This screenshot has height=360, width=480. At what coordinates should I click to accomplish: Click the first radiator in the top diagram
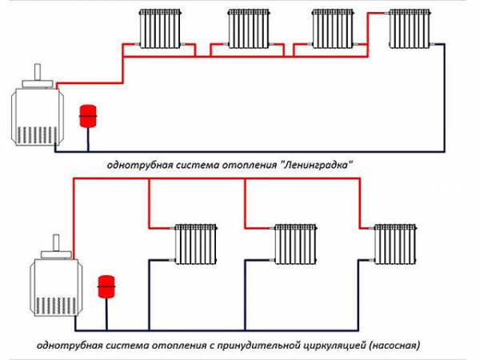pyautogui.click(x=160, y=29)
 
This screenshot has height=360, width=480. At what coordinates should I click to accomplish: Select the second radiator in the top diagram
pyautogui.click(x=249, y=29)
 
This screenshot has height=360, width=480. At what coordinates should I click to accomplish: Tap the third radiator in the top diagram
pyautogui.click(x=333, y=29)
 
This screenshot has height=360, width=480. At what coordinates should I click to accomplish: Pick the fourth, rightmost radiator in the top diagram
pyautogui.click(x=410, y=29)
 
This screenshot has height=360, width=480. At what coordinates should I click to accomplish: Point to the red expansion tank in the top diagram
pyautogui.click(x=88, y=116)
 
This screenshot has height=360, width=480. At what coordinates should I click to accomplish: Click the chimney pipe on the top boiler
pyautogui.click(x=38, y=72)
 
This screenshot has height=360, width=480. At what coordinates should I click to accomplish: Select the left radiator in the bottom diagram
pyautogui.click(x=196, y=244)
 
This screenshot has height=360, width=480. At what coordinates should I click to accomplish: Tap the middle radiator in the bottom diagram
pyautogui.click(x=295, y=244)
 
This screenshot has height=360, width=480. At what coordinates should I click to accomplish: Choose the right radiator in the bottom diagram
pyautogui.click(x=395, y=244)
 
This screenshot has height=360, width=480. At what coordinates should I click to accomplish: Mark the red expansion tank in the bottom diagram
pyautogui.click(x=106, y=286)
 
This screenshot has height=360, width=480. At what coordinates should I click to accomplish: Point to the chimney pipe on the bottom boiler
pyautogui.click(x=56, y=242)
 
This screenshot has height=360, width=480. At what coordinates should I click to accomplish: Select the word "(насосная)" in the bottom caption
pyautogui.click(x=394, y=346)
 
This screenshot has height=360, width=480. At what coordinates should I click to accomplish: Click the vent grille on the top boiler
pyautogui.click(x=37, y=135)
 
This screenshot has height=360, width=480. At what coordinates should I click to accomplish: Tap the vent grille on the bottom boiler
pyautogui.click(x=56, y=306)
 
